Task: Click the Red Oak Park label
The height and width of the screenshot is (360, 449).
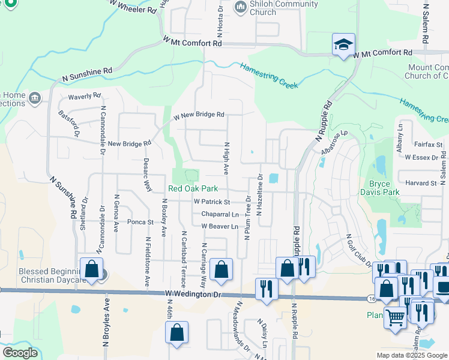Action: click(193, 188)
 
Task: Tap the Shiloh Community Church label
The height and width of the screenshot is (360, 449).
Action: click(276, 8)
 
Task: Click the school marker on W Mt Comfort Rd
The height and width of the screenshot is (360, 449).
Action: click(344, 45)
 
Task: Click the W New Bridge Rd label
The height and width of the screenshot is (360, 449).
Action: click(199, 115)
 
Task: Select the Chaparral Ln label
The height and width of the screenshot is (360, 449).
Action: click(220, 214)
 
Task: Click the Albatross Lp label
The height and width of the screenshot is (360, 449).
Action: click(335, 142)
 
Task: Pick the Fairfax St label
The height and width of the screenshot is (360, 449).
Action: click(428, 145)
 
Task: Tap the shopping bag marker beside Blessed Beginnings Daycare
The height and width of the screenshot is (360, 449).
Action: click(92, 269)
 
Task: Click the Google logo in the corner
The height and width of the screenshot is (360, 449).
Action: click(20, 353)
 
